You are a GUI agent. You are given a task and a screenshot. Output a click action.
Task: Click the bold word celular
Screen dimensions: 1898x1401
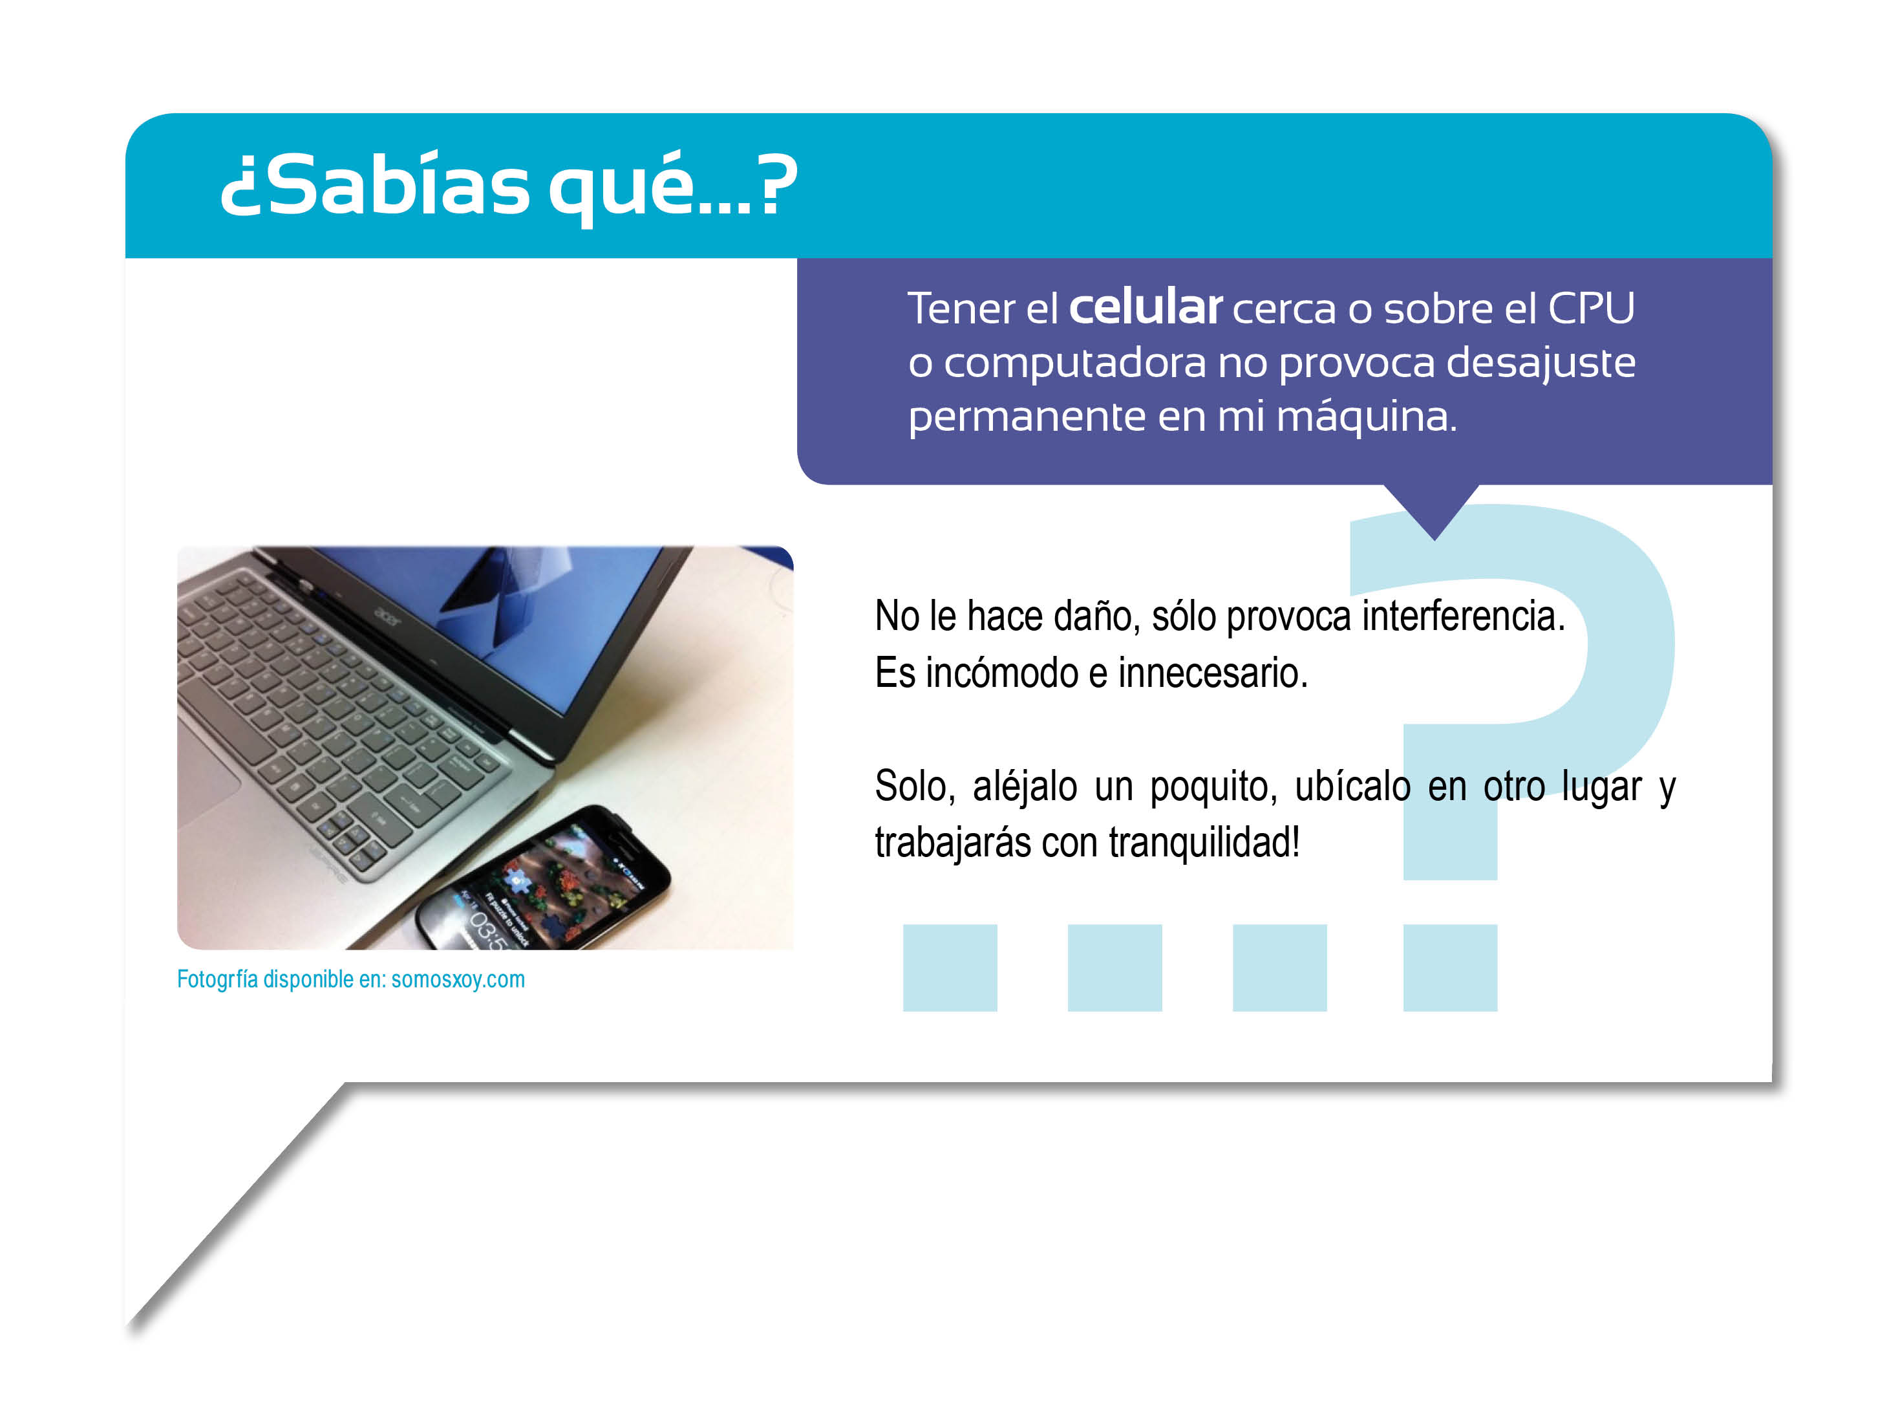(x=1146, y=307)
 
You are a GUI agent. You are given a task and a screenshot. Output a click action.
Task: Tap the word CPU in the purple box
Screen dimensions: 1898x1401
(x=1591, y=309)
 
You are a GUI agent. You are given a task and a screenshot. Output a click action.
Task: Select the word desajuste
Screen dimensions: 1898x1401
(x=1541, y=363)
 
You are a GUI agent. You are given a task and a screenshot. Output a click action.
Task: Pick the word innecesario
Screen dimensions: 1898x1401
(x=1213, y=673)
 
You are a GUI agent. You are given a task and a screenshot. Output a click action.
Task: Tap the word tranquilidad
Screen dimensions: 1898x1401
(x=1204, y=843)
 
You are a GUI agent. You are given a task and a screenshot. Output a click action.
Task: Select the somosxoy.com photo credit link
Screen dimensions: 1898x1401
(x=458, y=979)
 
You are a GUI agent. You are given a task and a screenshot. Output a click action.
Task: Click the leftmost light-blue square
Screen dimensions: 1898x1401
(x=950, y=968)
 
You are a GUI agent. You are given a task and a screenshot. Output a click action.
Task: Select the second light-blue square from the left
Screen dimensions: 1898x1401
(x=1114, y=968)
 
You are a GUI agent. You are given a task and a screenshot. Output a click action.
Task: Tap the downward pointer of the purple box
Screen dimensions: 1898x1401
(x=1434, y=512)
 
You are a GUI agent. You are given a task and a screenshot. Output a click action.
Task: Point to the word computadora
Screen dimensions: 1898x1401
(x=1075, y=364)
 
